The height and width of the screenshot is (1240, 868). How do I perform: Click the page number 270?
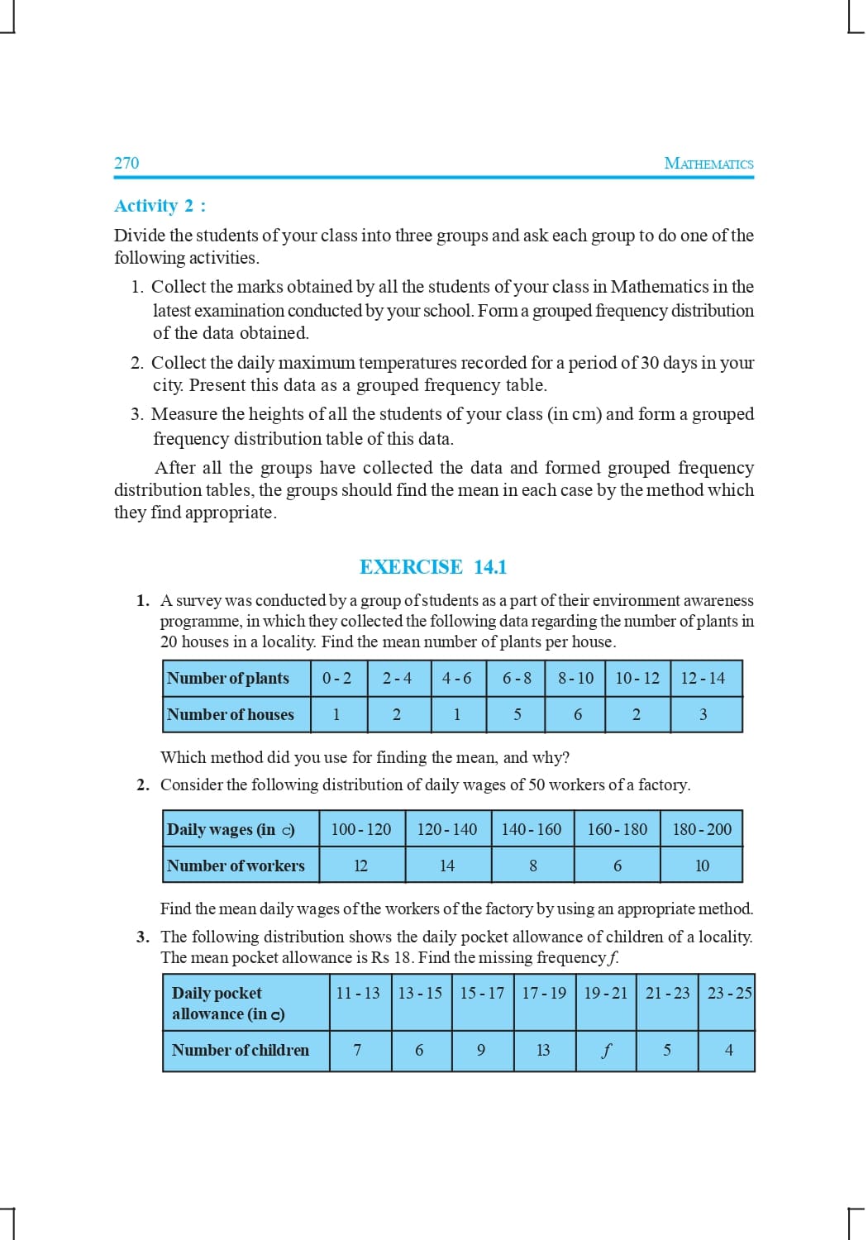[126, 163]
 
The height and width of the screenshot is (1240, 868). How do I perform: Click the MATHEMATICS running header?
[708, 164]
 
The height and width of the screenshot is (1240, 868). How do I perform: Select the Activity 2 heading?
[160, 206]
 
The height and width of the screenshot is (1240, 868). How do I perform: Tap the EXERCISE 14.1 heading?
[433, 567]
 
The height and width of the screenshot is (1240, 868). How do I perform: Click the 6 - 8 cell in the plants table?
[517, 679]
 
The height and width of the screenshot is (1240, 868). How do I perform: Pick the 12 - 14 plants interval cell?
[703, 679]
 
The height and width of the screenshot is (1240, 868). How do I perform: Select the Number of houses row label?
[231, 714]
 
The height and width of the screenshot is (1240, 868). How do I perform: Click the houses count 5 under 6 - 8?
[517, 714]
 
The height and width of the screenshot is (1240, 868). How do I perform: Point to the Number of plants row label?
[228, 679]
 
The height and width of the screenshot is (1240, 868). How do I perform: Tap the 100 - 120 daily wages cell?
[361, 829]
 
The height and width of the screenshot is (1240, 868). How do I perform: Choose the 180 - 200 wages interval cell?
[702, 829]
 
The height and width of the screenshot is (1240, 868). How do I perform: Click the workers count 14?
[447, 866]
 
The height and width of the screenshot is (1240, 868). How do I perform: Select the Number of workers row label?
[236, 866]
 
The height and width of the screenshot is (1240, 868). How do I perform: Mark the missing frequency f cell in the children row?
[606, 1051]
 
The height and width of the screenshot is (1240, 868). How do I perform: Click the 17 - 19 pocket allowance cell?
[544, 993]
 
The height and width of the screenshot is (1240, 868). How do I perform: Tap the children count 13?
[543, 1051]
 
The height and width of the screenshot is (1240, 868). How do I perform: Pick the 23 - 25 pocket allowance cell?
[729, 993]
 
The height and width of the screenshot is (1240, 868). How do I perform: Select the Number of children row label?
[241, 1051]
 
